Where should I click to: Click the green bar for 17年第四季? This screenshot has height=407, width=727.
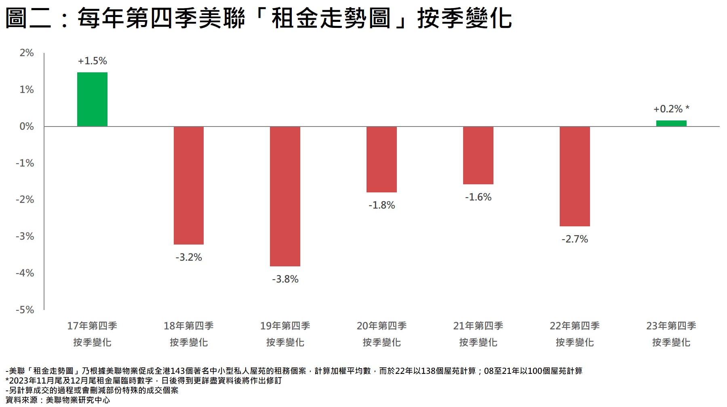click(92, 99)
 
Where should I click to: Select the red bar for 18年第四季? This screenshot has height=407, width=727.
click(188, 186)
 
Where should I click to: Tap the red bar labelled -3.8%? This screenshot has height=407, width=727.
click(285, 196)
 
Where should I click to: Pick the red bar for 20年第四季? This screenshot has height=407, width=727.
click(381, 160)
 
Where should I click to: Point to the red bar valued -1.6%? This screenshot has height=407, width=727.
click(478, 156)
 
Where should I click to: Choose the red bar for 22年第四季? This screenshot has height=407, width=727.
click(575, 177)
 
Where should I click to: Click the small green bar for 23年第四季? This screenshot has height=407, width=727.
click(671, 123)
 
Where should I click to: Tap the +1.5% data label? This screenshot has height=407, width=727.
click(92, 61)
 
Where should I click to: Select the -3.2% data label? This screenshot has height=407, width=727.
click(188, 257)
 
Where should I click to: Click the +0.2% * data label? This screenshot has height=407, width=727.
click(671, 109)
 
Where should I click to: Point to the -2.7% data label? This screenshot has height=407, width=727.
click(575, 239)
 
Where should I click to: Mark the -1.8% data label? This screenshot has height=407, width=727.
click(381, 205)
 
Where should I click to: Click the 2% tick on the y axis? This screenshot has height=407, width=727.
click(27, 53)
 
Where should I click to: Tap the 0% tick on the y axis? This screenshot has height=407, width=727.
click(27, 127)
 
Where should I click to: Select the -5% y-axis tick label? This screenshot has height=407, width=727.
click(25, 310)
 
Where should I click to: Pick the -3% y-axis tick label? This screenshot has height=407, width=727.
click(25, 236)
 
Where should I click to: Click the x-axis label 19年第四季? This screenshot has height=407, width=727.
click(285, 326)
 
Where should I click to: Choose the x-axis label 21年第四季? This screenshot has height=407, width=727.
click(478, 326)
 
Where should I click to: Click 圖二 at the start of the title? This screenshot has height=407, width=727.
click(28, 18)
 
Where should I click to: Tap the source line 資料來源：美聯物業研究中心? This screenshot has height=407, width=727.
click(57, 400)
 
